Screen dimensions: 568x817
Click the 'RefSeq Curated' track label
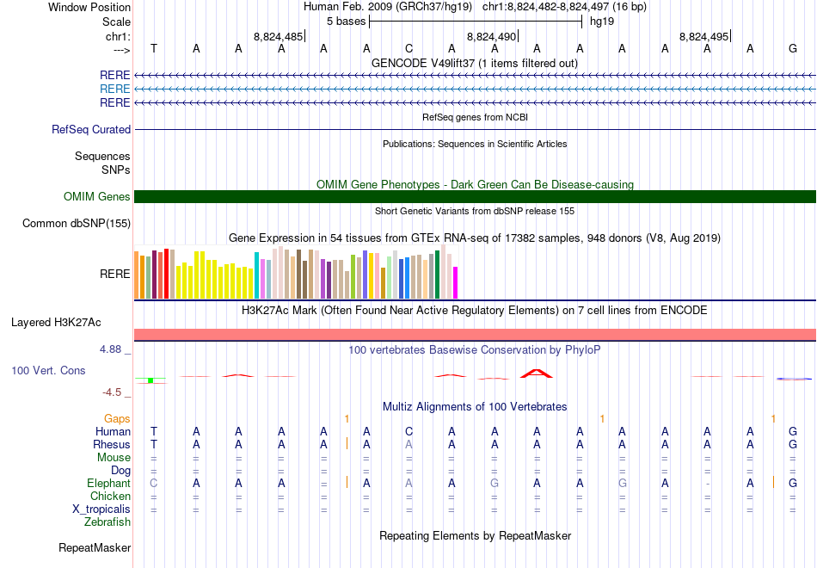(x=91, y=130)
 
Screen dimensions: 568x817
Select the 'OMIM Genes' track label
(x=97, y=197)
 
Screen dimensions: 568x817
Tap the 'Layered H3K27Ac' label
(x=56, y=323)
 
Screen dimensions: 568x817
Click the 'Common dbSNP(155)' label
(x=77, y=224)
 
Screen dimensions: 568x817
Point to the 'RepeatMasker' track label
(x=95, y=547)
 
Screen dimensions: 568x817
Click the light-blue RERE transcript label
(x=115, y=89)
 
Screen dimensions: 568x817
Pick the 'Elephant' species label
(x=109, y=484)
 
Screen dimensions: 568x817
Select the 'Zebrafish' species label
(x=107, y=522)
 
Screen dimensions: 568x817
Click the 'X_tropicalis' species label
(x=101, y=509)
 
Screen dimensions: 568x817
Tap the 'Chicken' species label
(x=111, y=497)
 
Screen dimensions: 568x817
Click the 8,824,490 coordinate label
(x=492, y=37)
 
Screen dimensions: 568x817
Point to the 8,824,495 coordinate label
(x=704, y=37)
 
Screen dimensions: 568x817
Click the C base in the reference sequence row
(x=409, y=48)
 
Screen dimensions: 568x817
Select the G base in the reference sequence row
(x=793, y=48)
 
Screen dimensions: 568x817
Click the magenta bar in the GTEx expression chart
(x=456, y=282)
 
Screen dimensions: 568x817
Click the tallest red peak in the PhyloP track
(x=537, y=373)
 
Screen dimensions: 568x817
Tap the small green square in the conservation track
(x=150, y=380)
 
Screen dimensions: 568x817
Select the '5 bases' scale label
(x=346, y=21)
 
